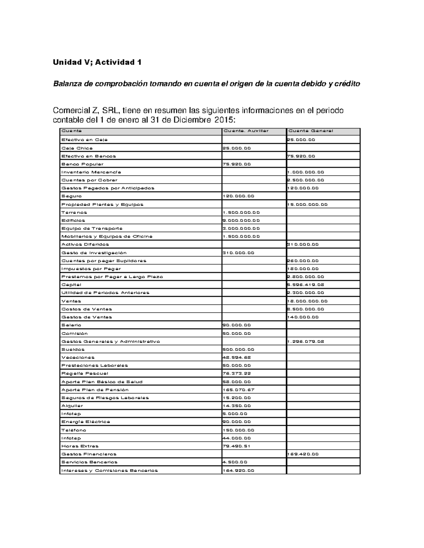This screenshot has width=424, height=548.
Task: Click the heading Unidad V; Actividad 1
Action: click(x=97, y=62)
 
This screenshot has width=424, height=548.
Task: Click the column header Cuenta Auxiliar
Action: click(x=246, y=131)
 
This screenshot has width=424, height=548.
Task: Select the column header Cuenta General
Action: click(x=311, y=131)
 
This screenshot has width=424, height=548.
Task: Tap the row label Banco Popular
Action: click(x=82, y=164)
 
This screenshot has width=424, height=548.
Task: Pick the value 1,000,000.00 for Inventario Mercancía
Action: click(x=306, y=172)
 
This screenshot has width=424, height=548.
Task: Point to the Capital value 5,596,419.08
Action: click(x=306, y=285)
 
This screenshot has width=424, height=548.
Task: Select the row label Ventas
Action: click(x=71, y=301)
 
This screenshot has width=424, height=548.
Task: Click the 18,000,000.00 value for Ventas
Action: click(x=307, y=301)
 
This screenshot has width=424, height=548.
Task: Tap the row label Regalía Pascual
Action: click(x=85, y=373)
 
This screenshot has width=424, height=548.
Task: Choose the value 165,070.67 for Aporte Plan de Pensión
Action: click(x=238, y=390)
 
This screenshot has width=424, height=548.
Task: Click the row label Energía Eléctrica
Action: click(x=86, y=422)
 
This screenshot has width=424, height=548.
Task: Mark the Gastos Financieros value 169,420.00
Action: click(x=304, y=454)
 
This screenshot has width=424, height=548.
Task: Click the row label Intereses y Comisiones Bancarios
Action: click(x=110, y=470)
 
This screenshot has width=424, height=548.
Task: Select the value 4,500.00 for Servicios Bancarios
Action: click(x=235, y=462)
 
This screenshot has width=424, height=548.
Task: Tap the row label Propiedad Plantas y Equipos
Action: click(x=102, y=204)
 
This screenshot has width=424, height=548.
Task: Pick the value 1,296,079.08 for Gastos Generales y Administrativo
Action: click(x=306, y=342)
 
